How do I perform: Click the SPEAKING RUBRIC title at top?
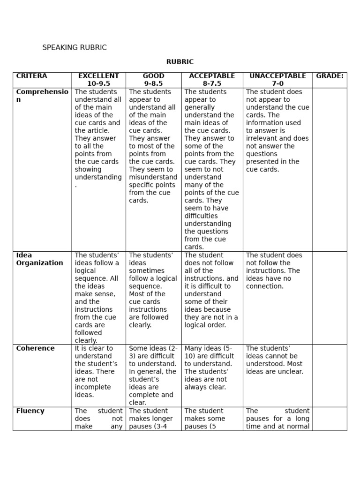[75, 47]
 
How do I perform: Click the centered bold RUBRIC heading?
[180, 62]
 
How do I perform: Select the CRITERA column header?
[31, 76]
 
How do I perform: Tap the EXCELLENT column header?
[98, 76]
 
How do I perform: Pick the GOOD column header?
[153, 76]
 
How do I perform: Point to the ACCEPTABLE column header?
[212, 76]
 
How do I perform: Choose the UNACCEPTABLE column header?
[277, 76]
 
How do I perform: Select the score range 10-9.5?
[98, 83]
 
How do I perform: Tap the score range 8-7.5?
[212, 83]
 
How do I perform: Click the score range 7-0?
[277, 83]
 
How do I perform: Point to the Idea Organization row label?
[39, 259]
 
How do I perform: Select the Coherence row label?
[35, 348]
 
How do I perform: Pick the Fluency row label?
[30, 411]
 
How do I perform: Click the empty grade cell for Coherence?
[330, 375]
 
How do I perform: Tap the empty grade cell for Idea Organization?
[330, 298]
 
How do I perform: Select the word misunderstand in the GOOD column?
[153, 177]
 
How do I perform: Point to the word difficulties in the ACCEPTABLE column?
[201, 216]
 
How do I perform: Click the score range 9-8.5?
[153, 83]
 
